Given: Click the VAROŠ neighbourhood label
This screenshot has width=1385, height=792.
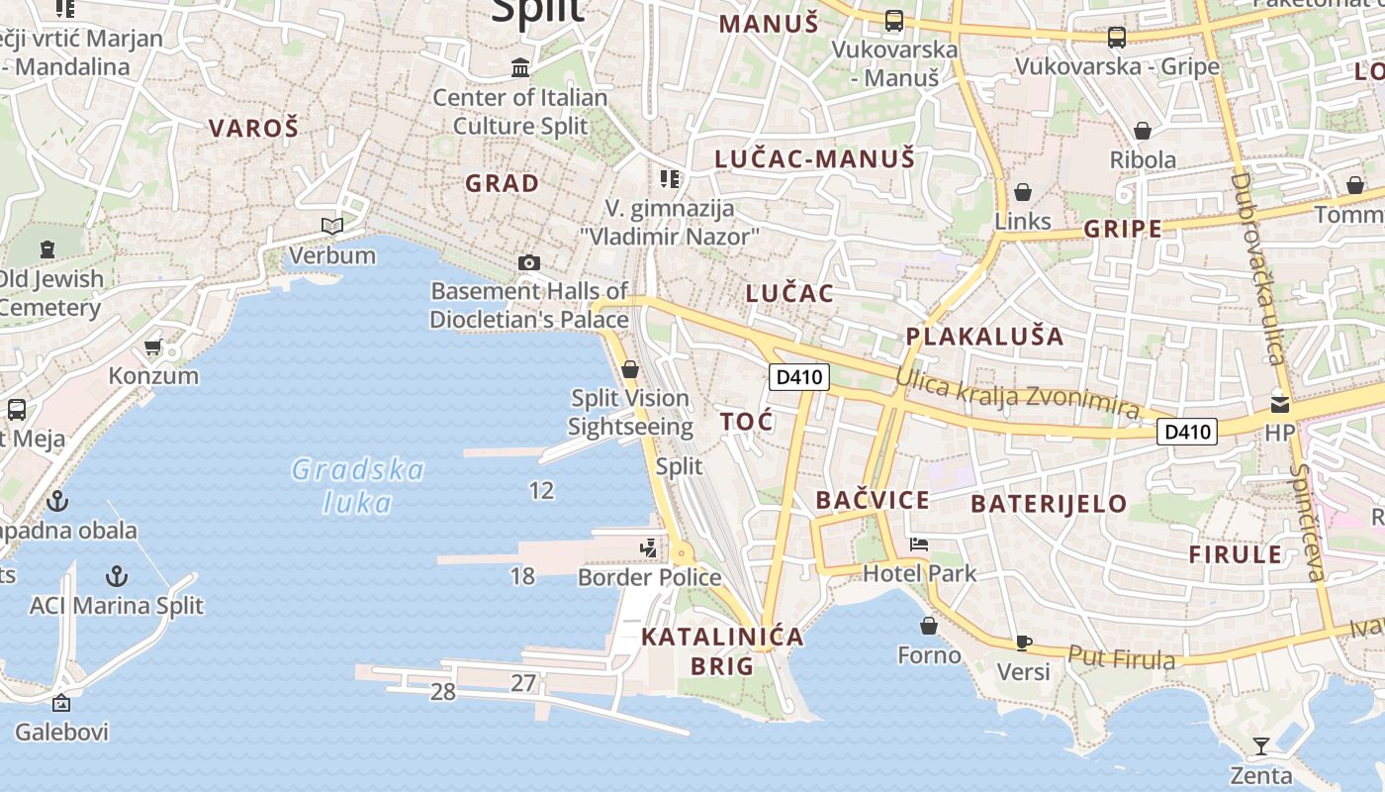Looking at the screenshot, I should [x=253, y=128].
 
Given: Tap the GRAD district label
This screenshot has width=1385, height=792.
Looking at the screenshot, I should [x=503, y=183].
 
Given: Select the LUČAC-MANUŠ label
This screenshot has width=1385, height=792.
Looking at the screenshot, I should [x=815, y=158].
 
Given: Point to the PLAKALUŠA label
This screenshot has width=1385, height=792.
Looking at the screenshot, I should [x=985, y=337].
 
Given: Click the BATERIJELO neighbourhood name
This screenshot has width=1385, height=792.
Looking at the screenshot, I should [x=1049, y=504].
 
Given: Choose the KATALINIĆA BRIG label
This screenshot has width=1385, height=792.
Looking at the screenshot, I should [x=722, y=650].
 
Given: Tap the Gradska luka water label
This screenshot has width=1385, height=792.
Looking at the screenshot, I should [x=358, y=486].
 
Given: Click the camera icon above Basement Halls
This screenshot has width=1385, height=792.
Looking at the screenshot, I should [x=529, y=262].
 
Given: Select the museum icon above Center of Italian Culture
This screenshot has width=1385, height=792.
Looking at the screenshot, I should [x=520, y=67].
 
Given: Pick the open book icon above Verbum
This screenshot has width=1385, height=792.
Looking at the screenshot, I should [x=332, y=227].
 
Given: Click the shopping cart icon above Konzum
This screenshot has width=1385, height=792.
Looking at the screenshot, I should [x=153, y=347].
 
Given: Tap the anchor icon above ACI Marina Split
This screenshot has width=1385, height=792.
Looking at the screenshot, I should [x=117, y=576].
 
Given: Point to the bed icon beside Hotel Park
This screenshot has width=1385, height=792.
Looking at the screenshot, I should [x=919, y=544].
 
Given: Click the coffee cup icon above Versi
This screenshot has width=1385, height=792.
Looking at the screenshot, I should [x=1024, y=643].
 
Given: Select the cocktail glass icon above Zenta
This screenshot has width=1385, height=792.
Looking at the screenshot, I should [x=1260, y=745].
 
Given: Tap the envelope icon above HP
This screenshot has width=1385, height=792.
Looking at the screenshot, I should [x=1280, y=404].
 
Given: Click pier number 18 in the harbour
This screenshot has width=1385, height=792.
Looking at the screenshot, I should [x=522, y=575].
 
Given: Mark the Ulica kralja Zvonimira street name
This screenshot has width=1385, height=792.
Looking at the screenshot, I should [x=1018, y=393].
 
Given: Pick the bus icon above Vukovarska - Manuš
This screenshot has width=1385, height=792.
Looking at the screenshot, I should [x=894, y=20].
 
